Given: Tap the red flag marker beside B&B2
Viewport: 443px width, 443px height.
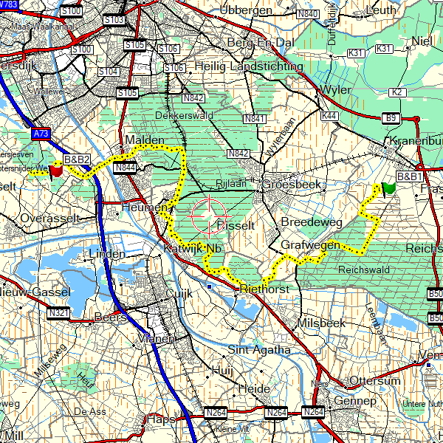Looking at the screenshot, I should pos(55,168).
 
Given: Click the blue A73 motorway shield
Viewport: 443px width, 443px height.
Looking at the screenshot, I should pos(42,134).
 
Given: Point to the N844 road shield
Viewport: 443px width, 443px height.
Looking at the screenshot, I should pos(125,168).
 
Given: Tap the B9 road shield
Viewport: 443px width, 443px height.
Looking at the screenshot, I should pos(390,118).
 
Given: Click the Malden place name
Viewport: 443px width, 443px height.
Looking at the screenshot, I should pos(140,140).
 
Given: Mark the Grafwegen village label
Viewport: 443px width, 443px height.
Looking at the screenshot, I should pos(310,244).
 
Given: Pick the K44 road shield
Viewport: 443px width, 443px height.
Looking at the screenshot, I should pos(329,116).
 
